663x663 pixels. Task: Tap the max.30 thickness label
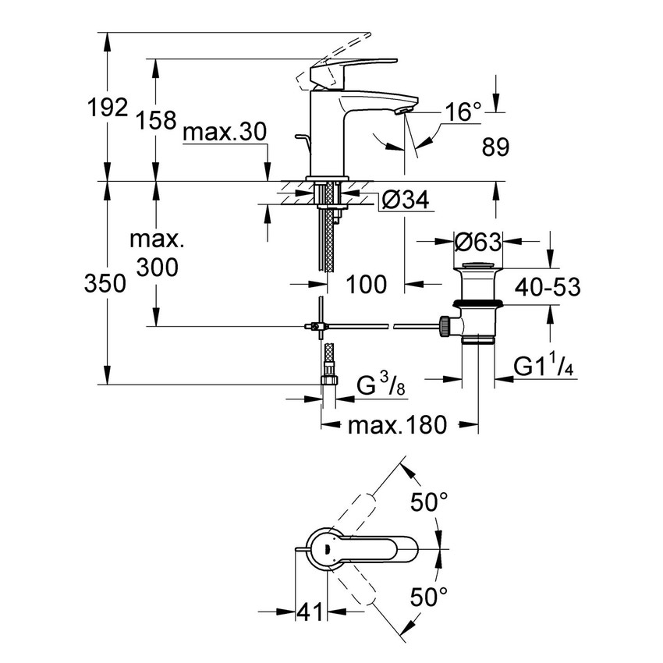(x=225, y=133)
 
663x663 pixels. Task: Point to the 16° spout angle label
(x=463, y=112)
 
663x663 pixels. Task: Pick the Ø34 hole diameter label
(x=406, y=202)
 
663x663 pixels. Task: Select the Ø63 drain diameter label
(x=478, y=243)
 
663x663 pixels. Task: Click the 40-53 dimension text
(x=548, y=287)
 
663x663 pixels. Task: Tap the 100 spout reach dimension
(x=366, y=285)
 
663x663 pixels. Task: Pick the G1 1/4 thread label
(x=544, y=367)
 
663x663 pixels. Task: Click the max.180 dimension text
(x=397, y=425)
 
